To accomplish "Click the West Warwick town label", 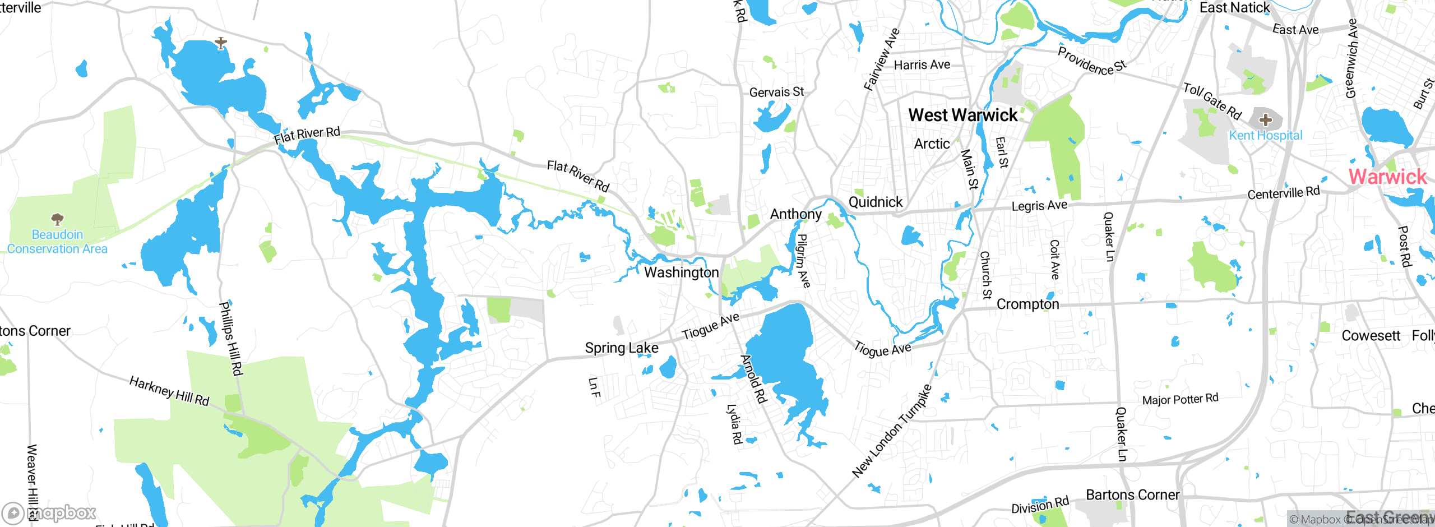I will coord(962,115).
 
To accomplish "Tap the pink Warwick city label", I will coord(1387,177).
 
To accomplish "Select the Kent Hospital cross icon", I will coord(1266,119).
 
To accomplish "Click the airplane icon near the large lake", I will coord(221,43).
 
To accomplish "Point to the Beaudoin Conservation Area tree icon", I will coord(57,219).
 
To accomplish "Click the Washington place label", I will coord(681,272).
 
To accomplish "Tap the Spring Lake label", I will coord(622,348).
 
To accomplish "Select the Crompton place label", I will coord(1027,304).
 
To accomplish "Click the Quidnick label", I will coord(876,202).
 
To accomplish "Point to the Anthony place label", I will coord(795,214).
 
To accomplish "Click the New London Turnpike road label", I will coord(892,431).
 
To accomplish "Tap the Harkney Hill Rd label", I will coord(169,391).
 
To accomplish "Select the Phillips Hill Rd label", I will coord(230,339).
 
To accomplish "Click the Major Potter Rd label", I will coord(1180,399).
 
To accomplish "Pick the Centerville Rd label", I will coord(1284,193).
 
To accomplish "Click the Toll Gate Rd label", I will coord(1212,101).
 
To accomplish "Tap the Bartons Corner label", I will coord(1132,495).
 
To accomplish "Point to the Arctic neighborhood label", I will coord(932,144).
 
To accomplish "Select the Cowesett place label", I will coord(1371,336).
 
